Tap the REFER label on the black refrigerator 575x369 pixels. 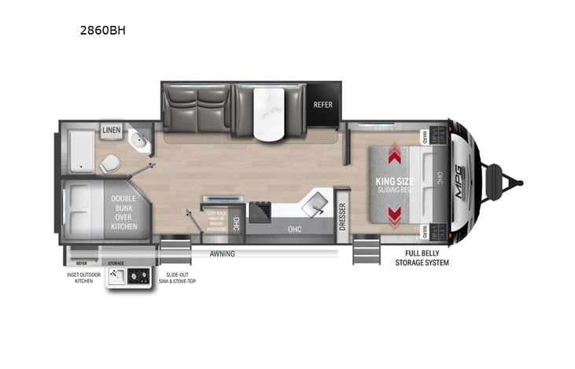click(323, 105)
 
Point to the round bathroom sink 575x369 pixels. click(139, 143)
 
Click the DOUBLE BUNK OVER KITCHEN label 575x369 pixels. click(123, 212)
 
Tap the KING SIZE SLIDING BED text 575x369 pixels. click(396, 185)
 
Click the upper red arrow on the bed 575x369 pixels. click(395, 156)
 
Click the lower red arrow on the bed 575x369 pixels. click(395, 212)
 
